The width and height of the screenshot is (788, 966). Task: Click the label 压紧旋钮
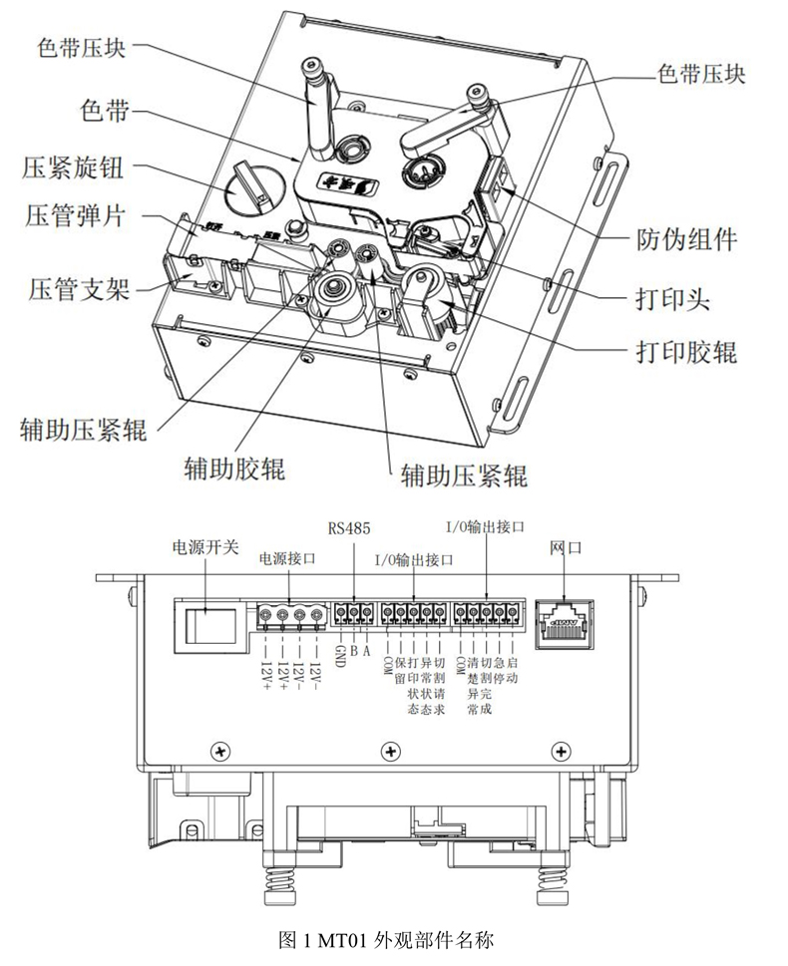[x=72, y=165]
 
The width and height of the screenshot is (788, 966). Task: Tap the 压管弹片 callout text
[x=72, y=215]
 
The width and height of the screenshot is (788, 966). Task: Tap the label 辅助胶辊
[x=234, y=468]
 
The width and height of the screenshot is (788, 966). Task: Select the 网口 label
[x=565, y=548]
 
